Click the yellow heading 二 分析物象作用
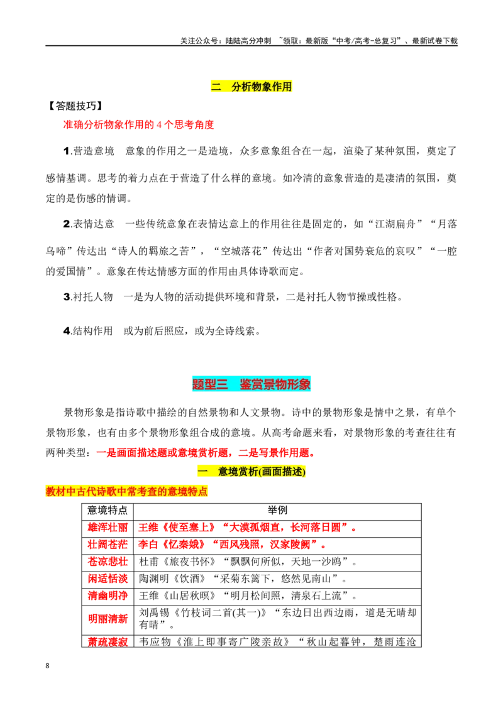(x=251, y=87)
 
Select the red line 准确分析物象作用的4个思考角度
(x=138, y=125)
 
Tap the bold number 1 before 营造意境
(x=66, y=151)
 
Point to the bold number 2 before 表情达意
(x=67, y=224)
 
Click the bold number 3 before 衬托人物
(x=67, y=297)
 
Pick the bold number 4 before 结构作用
(x=67, y=331)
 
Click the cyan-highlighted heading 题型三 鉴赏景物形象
(x=251, y=384)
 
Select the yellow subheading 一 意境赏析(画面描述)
(x=251, y=472)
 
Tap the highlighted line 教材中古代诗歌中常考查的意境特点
(x=126, y=491)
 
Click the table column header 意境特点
(x=108, y=511)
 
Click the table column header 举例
(x=277, y=511)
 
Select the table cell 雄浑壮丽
(x=108, y=528)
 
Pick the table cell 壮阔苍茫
(x=108, y=545)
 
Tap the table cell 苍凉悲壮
(x=108, y=562)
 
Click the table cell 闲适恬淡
(x=108, y=579)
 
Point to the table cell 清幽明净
(x=108, y=596)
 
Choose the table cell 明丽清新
(x=108, y=619)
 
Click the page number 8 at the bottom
(x=47, y=666)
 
